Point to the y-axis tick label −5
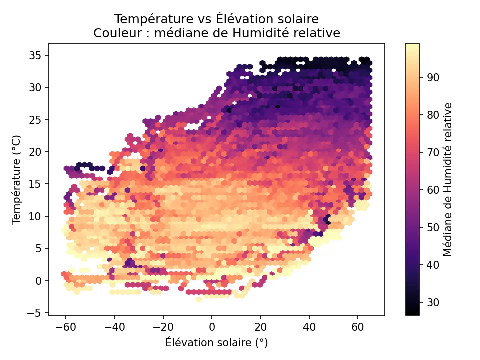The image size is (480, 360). [x=37, y=313]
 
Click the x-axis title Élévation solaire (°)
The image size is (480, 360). [x=216, y=343]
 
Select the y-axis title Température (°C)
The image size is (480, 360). [x=17, y=179]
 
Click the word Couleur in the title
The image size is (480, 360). [x=113, y=33]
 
